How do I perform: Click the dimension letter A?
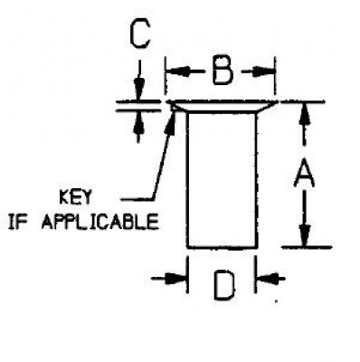[305, 172]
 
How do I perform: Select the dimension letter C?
[138, 35]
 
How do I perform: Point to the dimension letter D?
[223, 286]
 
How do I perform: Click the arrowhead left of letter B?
[174, 71]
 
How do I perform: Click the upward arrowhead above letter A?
[305, 110]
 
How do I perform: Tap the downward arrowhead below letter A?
[305, 237]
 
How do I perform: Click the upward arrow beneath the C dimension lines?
[138, 123]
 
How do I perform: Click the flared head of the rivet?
[222, 105]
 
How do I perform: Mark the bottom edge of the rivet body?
[222, 246]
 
